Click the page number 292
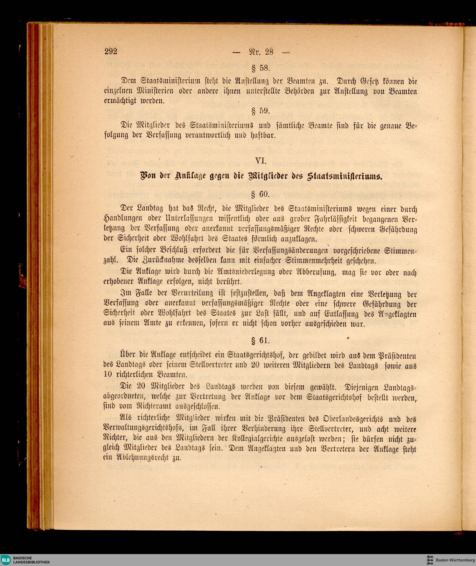click(x=111, y=51)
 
